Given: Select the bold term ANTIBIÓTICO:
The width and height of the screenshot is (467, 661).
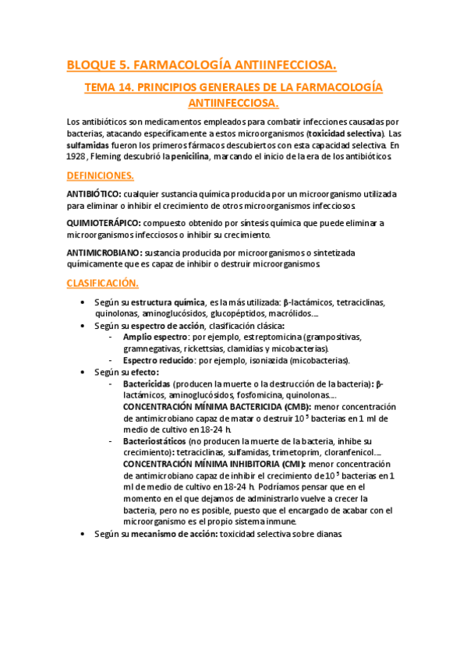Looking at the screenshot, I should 94,193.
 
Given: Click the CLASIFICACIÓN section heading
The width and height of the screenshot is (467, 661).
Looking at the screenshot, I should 102,282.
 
